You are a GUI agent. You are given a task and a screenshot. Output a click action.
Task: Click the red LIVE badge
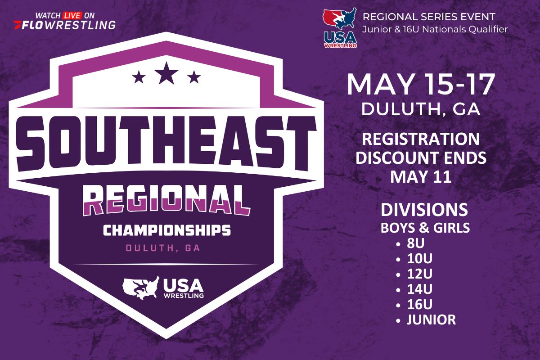[72, 16]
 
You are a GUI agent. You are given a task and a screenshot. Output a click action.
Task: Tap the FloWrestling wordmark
[64, 25]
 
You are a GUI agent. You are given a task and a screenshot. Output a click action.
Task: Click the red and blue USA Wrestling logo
[340, 28]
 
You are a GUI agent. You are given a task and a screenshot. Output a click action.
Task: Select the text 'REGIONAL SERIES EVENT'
[429, 17]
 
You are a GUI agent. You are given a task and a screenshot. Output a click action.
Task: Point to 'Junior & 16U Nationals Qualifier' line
[435, 29]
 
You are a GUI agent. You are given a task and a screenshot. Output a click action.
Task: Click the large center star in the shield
[166, 73]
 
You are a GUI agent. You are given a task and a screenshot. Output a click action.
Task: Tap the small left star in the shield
[139, 77]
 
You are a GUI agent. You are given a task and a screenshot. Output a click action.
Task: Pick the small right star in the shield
[194, 77]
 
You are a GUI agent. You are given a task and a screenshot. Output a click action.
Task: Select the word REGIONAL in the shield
[166, 200]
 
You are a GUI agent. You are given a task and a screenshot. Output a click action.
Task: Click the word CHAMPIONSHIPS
[167, 230]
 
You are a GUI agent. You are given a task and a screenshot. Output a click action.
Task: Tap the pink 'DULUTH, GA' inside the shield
[163, 248]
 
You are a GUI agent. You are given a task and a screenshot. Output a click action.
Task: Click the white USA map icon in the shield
[141, 288]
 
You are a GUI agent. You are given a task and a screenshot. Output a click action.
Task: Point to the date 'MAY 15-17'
[421, 85]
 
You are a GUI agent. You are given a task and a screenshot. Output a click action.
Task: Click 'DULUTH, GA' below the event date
[421, 109]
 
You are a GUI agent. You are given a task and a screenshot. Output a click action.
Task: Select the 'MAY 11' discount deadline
[421, 177]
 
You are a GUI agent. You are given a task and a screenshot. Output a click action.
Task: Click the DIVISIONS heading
[424, 210]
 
